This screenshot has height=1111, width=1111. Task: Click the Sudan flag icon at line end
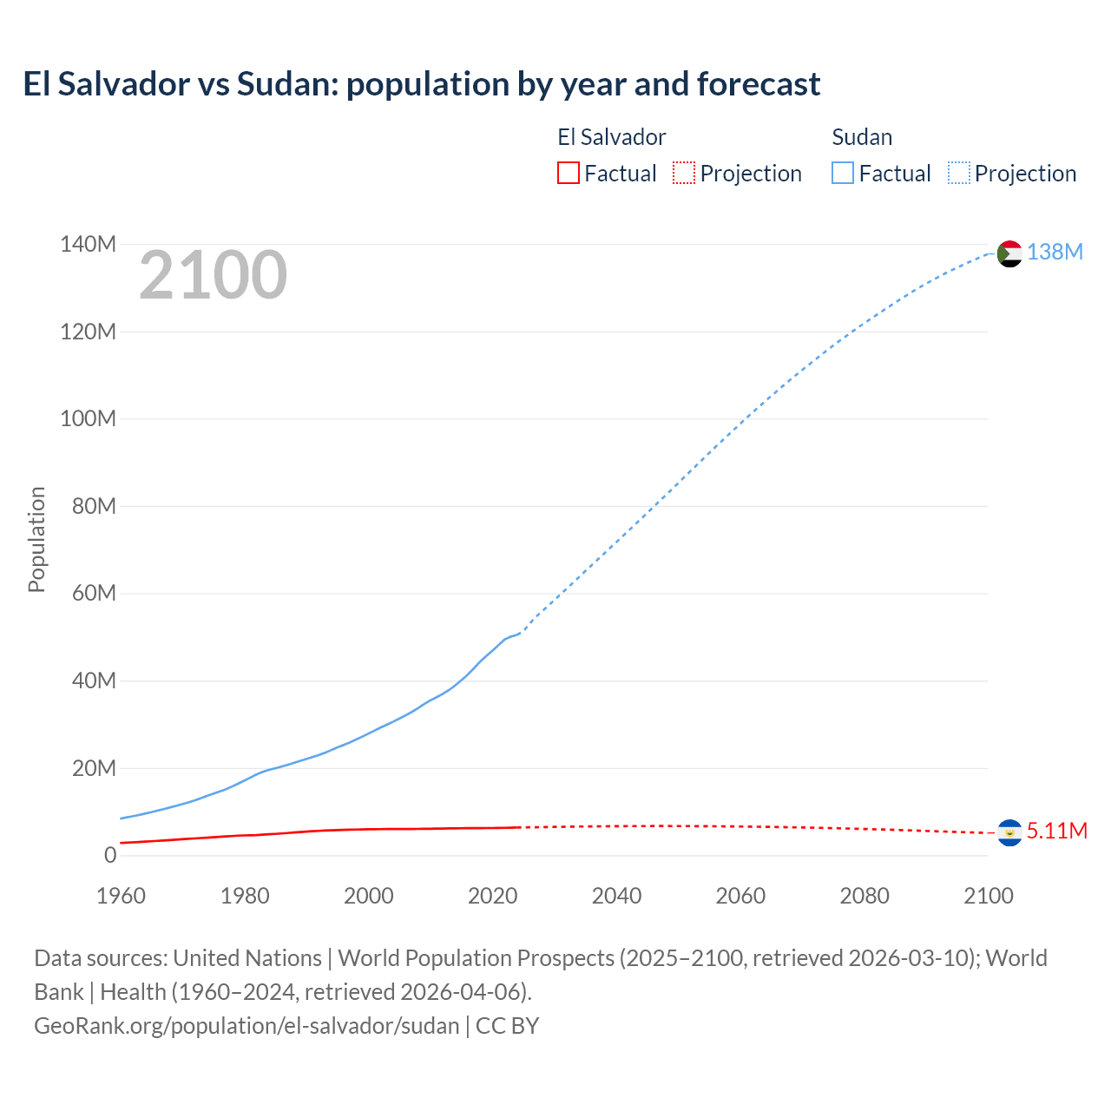[x=1009, y=253]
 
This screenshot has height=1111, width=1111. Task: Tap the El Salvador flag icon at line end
[x=1009, y=832]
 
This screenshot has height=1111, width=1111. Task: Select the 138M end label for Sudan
[x=1055, y=252]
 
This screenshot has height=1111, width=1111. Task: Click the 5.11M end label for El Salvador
[x=1056, y=831]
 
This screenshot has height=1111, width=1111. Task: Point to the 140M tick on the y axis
[x=88, y=244]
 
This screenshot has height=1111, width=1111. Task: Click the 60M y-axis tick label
[x=94, y=593]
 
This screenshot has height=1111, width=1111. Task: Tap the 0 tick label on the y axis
[x=110, y=855]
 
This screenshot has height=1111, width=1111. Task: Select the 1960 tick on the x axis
[x=121, y=896]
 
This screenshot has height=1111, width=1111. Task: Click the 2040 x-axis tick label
[x=616, y=896]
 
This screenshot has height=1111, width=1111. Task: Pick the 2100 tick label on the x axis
[x=988, y=896]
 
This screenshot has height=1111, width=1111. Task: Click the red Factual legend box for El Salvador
[x=568, y=174]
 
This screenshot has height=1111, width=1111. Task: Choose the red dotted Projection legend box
[x=684, y=174]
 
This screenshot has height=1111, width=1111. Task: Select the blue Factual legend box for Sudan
[x=842, y=174]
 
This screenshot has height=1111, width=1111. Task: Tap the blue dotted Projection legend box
[x=958, y=174]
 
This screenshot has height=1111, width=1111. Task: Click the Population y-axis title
[x=36, y=539]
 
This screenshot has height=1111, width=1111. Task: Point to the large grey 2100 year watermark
[x=213, y=275]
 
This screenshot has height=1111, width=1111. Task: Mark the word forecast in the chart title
[x=758, y=84]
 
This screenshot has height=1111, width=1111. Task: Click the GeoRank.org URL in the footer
[x=247, y=1025]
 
